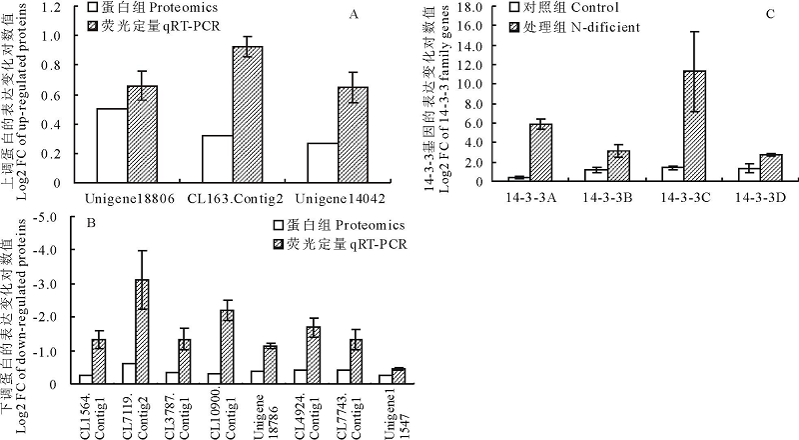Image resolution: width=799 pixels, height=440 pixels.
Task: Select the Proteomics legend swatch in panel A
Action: [92, 6]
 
